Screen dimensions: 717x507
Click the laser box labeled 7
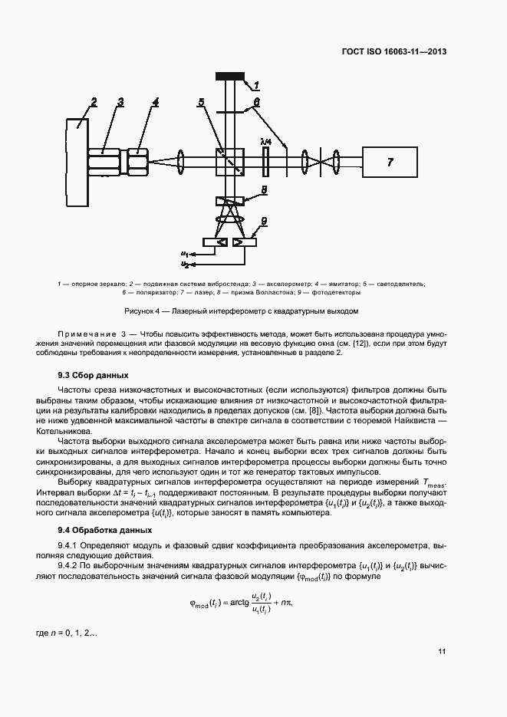pyautogui.click(x=390, y=162)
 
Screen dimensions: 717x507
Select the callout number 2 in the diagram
pyautogui.click(x=94, y=100)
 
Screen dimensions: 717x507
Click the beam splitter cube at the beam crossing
pyautogui.click(x=230, y=162)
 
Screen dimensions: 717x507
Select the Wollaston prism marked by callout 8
pyautogui.click(x=230, y=201)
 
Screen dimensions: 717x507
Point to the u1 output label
pyautogui.click(x=185, y=252)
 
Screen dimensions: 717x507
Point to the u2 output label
pyautogui.click(x=185, y=264)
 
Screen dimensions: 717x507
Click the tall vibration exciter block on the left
pyautogui.click(x=77, y=157)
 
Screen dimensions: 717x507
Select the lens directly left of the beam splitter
pyautogui.click(x=181, y=162)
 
